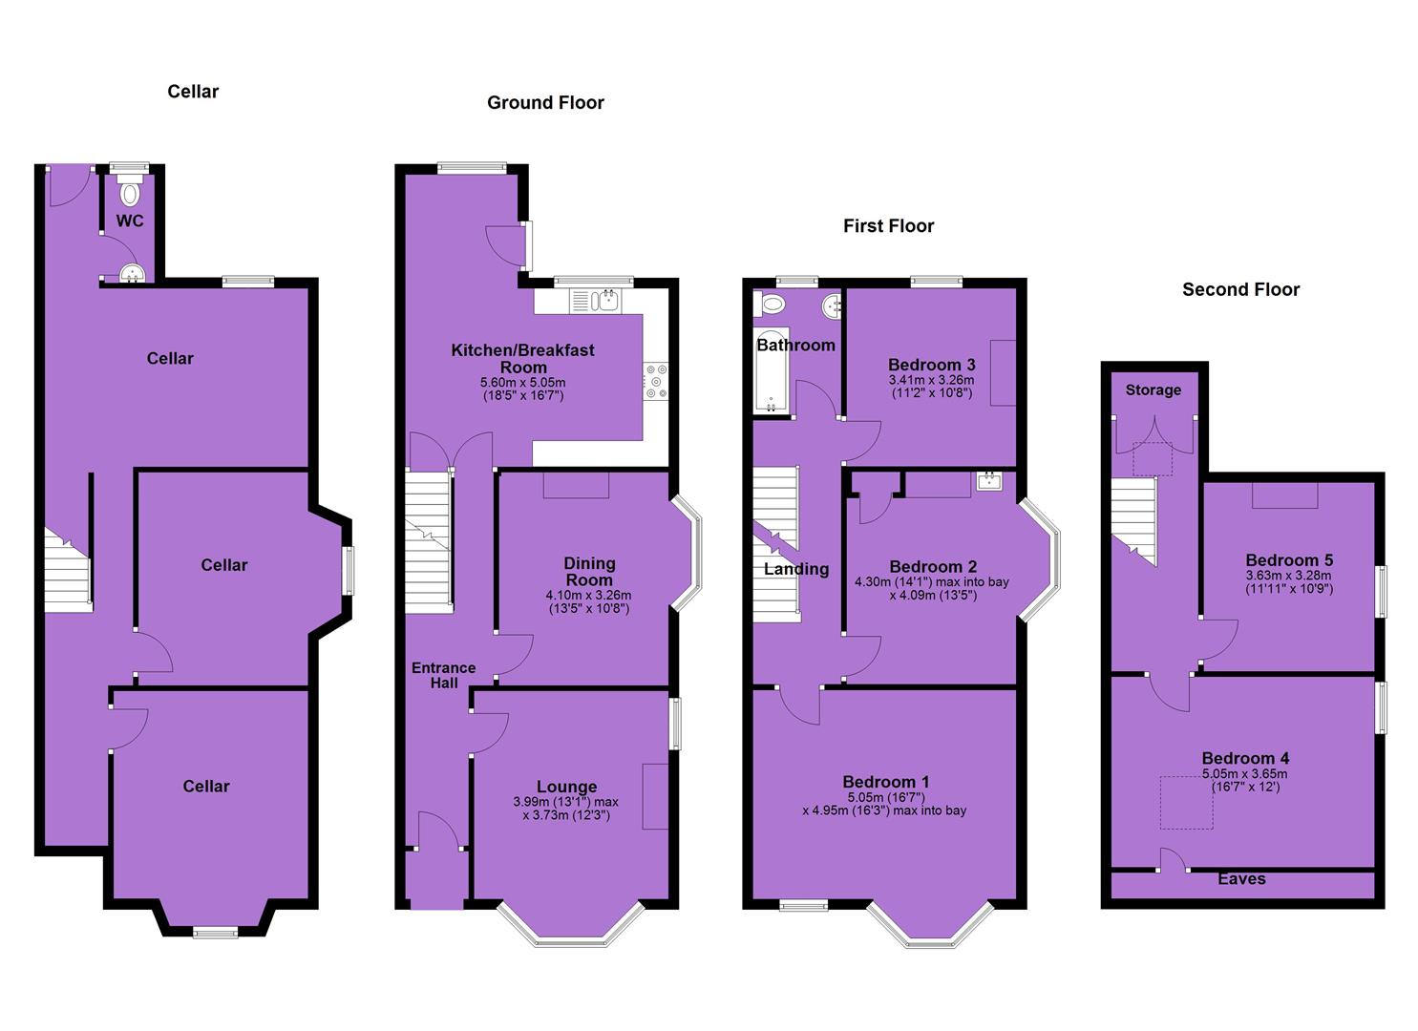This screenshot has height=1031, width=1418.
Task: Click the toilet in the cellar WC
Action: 130,190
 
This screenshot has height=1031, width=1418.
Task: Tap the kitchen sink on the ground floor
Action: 595,301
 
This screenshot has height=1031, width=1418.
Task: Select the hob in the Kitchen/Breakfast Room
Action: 655,381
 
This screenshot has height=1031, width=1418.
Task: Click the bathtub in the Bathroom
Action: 772,371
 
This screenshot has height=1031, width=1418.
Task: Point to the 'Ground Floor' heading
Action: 545,102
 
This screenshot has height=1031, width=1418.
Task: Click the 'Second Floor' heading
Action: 1240,290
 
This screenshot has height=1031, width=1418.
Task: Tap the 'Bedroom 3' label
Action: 931,365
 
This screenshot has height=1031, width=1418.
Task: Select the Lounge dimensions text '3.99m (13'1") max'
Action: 565,802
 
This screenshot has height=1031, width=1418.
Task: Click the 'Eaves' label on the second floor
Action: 1241,878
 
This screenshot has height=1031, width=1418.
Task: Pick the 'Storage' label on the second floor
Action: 1153,389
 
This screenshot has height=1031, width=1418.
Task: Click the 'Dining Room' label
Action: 589,572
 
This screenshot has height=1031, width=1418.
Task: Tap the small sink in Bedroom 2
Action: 989,482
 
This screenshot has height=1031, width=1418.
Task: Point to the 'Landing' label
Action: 795,569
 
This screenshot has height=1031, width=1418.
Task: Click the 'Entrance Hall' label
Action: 443,675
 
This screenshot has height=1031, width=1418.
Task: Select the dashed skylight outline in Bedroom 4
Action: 1186,803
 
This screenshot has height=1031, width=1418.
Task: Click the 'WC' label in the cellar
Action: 130,221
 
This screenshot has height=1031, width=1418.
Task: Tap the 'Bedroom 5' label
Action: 1289,560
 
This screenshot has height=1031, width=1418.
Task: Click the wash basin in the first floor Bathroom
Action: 832,307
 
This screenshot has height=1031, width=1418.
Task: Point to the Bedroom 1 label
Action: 885,782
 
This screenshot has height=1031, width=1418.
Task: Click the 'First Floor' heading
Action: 888,226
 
